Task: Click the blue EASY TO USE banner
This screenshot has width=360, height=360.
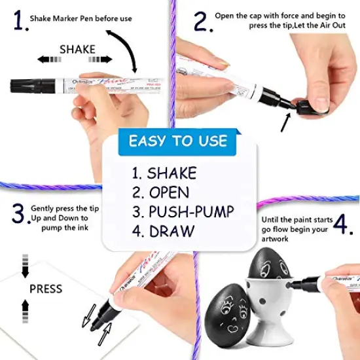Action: click(178, 141)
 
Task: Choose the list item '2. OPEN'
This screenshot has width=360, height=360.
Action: click(160, 192)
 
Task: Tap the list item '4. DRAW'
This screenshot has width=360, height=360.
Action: click(162, 230)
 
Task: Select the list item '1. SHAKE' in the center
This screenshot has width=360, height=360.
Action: click(164, 173)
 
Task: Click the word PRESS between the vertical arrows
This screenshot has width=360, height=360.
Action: click(46, 288)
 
